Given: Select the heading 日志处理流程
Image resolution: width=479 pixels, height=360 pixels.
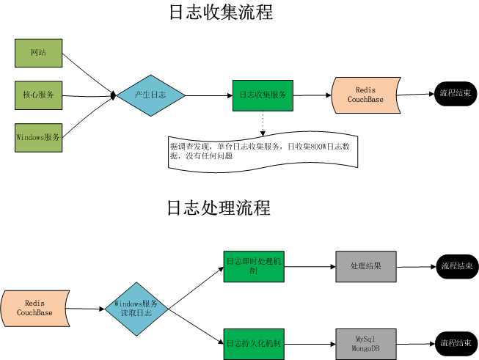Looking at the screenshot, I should (x=219, y=207).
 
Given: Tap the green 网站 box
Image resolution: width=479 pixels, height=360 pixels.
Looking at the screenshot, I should (x=39, y=54).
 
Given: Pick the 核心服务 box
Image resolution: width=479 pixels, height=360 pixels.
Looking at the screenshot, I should (x=39, y=95).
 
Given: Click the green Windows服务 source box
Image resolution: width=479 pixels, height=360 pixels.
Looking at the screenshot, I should (x=39, y=136).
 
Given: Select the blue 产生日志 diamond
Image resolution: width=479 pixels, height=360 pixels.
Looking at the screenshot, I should (x=150, y=95).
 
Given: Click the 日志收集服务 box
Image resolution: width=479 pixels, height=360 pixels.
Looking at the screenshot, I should (x=263, y=95).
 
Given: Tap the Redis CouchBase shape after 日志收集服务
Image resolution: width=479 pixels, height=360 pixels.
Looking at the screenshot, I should (x=365, y=95).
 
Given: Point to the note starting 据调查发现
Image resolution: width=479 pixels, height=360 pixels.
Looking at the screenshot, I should (x=263, y=151).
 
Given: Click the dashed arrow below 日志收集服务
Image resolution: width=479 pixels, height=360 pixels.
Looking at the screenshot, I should (x=263, y=122).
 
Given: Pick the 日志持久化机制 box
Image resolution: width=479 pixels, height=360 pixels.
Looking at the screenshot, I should (x=252, y=343).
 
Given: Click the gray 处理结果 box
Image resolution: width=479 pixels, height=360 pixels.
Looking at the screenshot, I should (x=366, y=266).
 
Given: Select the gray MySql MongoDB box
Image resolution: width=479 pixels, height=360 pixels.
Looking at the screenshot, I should (x=366, y=343).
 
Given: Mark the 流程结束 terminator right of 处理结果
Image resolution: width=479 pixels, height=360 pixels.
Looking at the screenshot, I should (x=456, y=266).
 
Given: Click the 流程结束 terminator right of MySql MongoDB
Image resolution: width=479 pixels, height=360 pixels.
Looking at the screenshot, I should (x=456, y=343).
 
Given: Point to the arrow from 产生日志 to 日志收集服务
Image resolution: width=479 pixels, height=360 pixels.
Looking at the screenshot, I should (x=209, y=95).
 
